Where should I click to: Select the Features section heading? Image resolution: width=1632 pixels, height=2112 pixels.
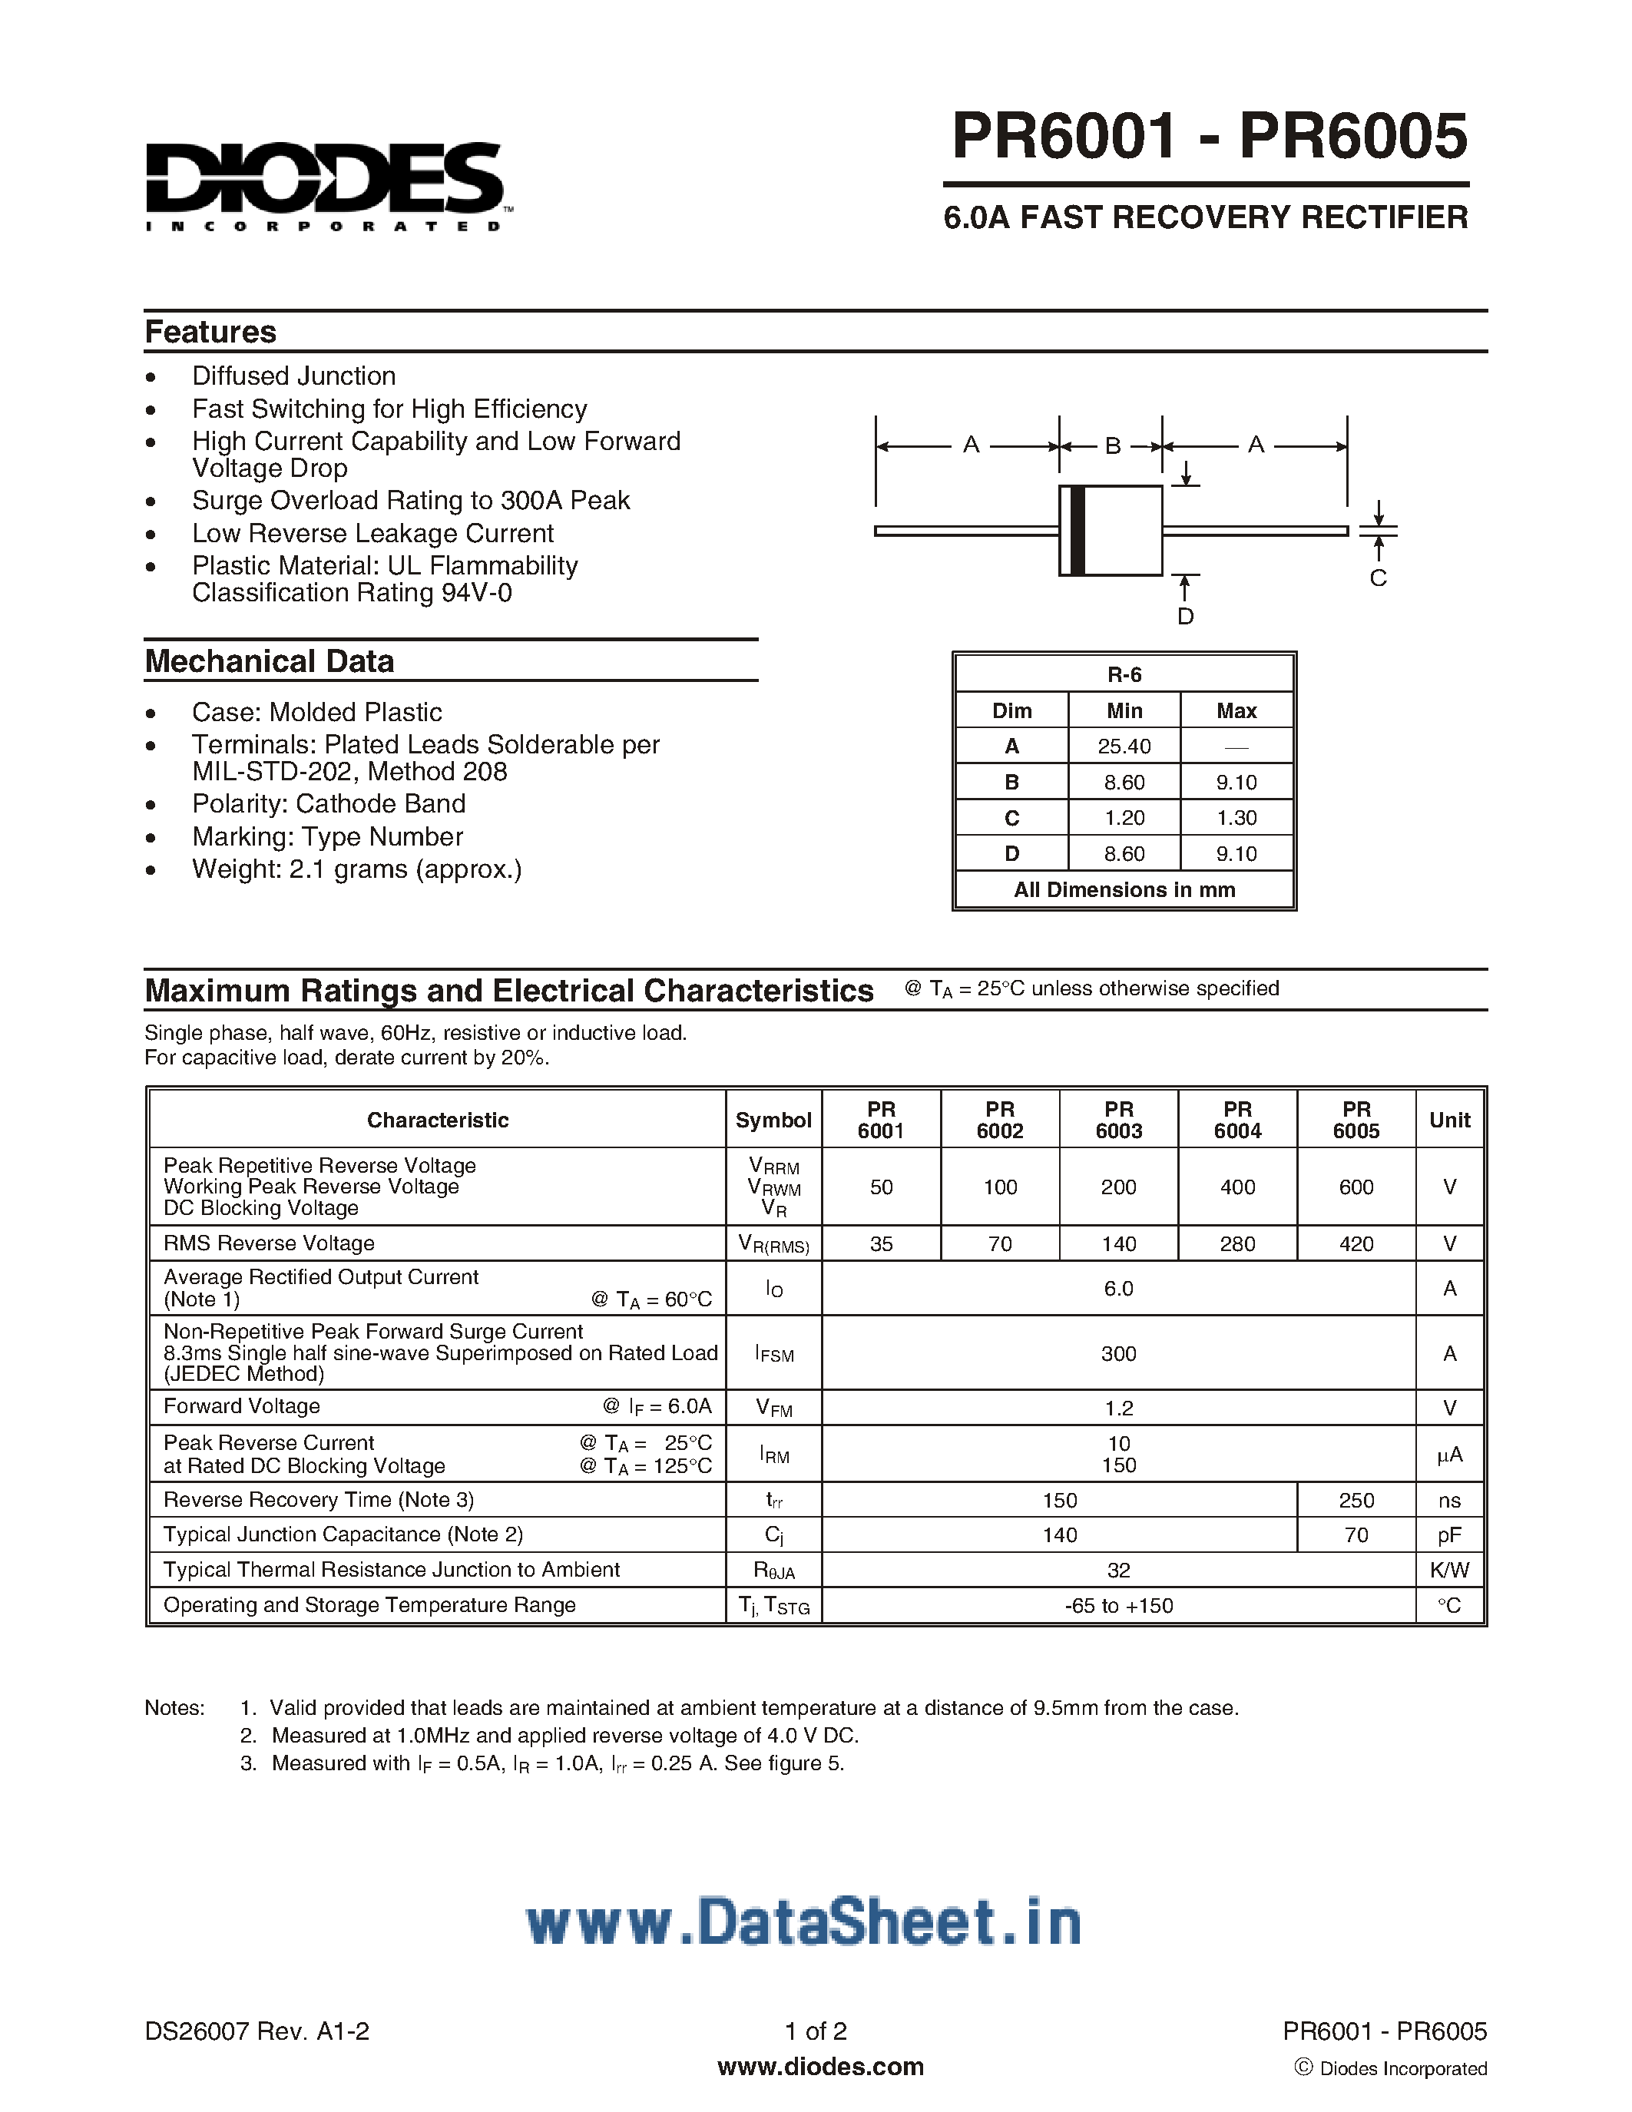coord(210,332)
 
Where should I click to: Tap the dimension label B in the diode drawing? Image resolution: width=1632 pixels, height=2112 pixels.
coord(1112,445)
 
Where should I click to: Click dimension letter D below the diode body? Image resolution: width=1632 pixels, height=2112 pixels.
coord(1185,617)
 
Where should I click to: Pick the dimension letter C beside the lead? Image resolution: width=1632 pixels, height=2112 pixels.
coord(1378,578)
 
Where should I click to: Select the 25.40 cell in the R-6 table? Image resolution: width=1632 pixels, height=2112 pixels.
coord(1124,746)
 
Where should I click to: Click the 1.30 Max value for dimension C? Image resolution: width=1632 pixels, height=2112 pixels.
coord(1236,818)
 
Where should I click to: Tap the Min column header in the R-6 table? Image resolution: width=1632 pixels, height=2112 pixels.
coord(1124,710)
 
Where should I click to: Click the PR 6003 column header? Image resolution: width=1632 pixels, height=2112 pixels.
coord(1119,1120)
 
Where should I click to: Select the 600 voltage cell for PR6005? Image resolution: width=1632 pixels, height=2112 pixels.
coord(1356,1187)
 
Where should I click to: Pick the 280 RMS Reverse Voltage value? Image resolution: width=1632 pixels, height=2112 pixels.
coord(1236,1243)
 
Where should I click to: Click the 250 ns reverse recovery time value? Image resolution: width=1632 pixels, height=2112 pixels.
coord(1356,1500)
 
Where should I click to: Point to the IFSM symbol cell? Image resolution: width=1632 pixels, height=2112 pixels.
coord(773,1354)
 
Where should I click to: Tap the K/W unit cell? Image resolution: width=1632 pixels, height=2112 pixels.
coord(1448,1571)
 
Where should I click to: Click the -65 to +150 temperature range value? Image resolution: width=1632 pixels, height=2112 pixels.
coord(1119,1605)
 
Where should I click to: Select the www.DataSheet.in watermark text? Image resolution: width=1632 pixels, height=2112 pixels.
coord(803,1922)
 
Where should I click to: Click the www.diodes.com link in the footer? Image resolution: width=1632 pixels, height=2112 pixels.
coord(820,2067)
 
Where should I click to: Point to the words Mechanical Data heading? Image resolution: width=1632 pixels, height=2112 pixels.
coord(270,661)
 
